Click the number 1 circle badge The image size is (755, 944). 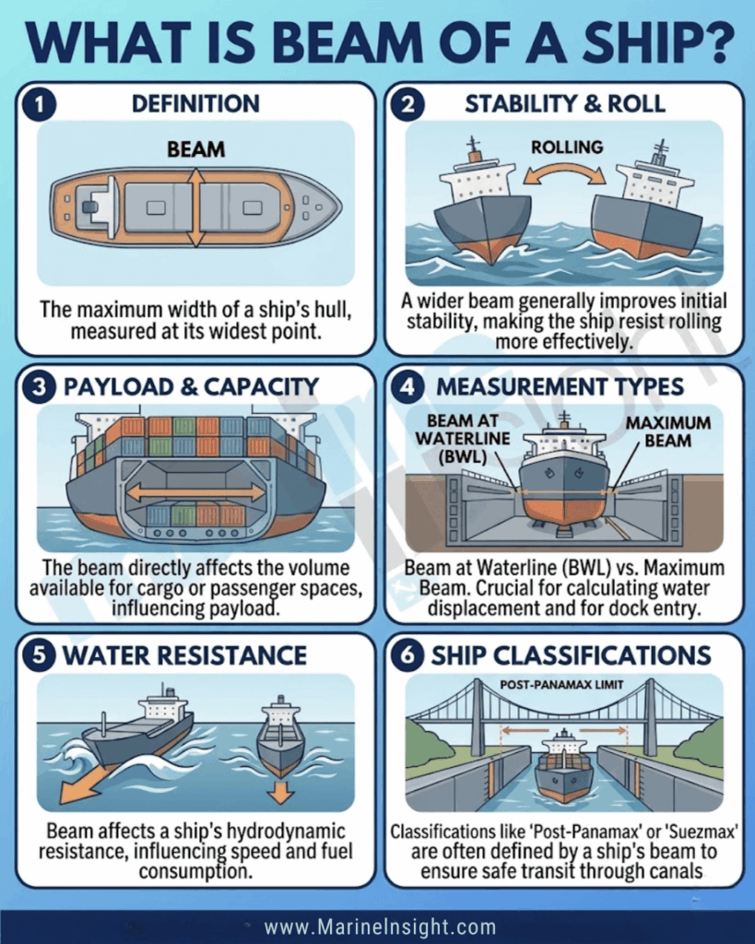click(39, 105)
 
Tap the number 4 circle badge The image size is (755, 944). click(407, 386)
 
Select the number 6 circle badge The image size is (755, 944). click(407, 655)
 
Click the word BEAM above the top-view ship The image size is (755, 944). click(195, 149)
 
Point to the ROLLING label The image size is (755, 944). click(567, 147)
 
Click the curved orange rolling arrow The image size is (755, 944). click(564, 170)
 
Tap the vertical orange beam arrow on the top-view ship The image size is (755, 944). click(195, 207)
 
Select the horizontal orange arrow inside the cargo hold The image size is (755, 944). click(195, 492)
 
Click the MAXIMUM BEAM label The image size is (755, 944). click(667, 431)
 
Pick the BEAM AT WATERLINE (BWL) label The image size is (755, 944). click(463, 438)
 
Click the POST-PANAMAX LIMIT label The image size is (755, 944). click(561, 685)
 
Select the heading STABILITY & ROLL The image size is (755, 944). click(565, 104)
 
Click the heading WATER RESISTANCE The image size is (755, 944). click(185, 655)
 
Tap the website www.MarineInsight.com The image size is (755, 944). click(380, 926)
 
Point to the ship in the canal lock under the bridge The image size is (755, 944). click(563, 766)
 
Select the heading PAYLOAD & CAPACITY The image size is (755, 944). click(191, 386)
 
